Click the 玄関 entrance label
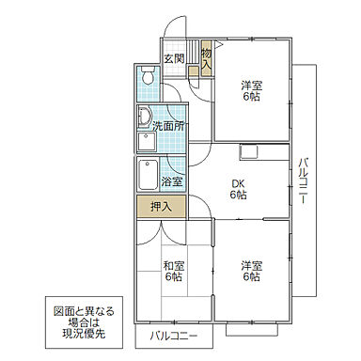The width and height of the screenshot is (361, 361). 173,58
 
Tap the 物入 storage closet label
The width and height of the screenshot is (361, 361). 206,58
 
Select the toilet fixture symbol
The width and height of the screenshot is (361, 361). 148,77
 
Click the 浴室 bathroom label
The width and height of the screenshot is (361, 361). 171,181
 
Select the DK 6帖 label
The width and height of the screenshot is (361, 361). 239,189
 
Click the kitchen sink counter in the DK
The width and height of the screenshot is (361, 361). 249,152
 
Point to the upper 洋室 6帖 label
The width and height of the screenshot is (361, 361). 249,90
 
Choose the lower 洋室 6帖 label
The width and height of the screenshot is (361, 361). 249,271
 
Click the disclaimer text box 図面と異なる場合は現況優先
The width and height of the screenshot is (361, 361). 83,321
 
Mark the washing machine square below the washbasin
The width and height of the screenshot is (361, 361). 146,142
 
